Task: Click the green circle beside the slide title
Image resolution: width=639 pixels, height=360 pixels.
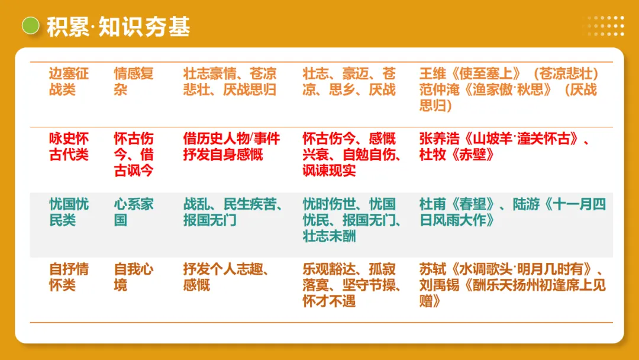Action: tap(30, 26)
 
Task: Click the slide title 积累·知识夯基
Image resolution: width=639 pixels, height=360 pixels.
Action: tap(118, 27)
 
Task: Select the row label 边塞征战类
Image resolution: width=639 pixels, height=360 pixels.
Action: tap(69, 82)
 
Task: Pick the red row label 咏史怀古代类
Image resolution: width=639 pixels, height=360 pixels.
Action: tap(69, 147)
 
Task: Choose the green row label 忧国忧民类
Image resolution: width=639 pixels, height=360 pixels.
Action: tap(69, 213)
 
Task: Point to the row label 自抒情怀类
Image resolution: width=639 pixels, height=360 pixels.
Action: tap(69, 277)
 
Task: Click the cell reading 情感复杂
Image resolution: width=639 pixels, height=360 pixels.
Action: tap(134, 82)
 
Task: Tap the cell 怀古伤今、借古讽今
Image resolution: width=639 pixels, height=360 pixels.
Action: tap(134, 155)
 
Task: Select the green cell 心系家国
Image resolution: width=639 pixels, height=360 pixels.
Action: tap(134, 213)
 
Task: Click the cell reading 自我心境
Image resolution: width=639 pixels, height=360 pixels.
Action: tap(134, 277)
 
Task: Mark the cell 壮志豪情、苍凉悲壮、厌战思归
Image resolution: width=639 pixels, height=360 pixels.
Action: tap(230, 82)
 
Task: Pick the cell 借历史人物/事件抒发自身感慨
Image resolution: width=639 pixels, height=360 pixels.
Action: tap(231, 147)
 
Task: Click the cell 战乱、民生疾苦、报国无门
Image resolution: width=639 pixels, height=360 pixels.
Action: tap(231, 213)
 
